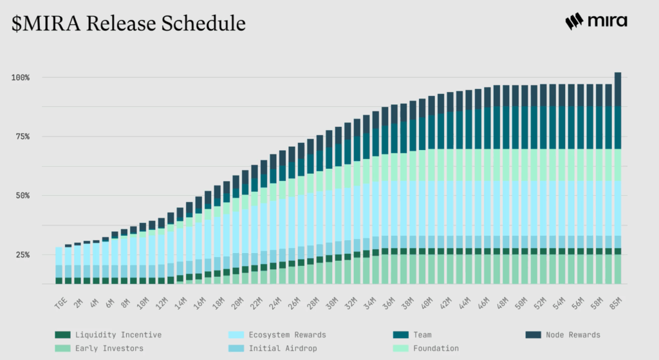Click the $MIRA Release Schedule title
tap(129, 23)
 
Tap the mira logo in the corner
tap(596, 21)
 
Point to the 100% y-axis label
tap(21, 77)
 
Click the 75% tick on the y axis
tap(23, 137)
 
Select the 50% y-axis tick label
tap(23, 195)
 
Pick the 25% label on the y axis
tap(23, 254)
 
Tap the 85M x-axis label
tap(616, 297)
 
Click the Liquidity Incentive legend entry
tap(109, 335)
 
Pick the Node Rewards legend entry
tap(564, 335)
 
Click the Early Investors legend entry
tap(100, 348)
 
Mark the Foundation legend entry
tap(426, 348)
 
